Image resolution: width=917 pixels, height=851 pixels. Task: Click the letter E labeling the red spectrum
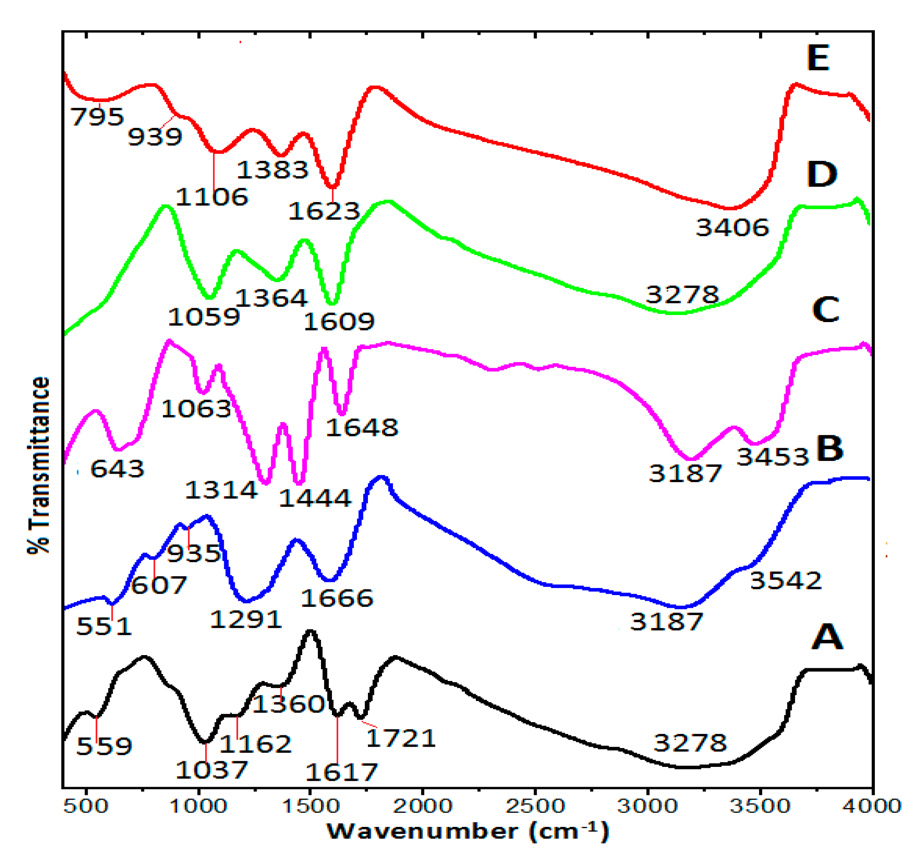click(818, 58)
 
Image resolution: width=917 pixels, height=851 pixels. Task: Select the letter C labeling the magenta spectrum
click(825, 309)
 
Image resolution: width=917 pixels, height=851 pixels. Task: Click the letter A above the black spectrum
click(827, 637)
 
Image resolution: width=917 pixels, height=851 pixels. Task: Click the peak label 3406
click(732, 227)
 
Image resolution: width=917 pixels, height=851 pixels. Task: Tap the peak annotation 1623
click(324, 211)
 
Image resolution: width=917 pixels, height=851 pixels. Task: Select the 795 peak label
click(97, 117)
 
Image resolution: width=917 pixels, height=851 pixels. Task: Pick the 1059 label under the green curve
click(203, 317)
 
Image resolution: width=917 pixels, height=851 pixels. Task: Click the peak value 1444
click(315, 498)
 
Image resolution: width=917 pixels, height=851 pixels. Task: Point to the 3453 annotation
click(773, 457)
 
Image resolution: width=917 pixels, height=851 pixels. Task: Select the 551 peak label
click(103, 626)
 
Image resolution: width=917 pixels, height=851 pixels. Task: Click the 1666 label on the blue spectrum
click(337, 598)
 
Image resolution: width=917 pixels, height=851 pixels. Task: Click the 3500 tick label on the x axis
click(760, 806)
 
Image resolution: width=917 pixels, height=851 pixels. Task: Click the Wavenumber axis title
click(468, 831)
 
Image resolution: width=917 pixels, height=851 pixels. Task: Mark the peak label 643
click(117, 469)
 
